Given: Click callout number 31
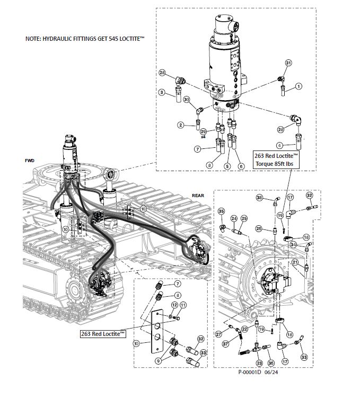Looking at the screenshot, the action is tap(288, 63).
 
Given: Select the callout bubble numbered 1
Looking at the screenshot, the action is tap(298, 86).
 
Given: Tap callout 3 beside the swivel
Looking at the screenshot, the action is tap(162, 92).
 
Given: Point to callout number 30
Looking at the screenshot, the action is tap(187, 100).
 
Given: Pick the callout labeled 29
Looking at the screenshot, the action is tap(203, 131).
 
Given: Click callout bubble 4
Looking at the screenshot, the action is tap(280, 146).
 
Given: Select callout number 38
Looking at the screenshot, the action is tap(259, 198).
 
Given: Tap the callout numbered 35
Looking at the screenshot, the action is tap(222, 211).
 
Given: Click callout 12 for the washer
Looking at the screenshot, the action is tap(174, 305).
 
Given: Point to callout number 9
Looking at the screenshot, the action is tap(159, 360).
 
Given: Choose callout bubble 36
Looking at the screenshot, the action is tap(271, 363).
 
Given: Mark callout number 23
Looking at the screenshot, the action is tap(259, 363).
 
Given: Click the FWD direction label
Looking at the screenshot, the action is tap(30, 161).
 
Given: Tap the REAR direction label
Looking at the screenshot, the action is tap(198, 196).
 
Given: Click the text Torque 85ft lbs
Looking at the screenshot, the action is tap(275, 164).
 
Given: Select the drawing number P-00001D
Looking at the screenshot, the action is tap(250, 372).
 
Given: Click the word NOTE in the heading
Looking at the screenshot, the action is tap(33, 39).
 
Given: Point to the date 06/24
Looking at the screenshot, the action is tap(271, 372).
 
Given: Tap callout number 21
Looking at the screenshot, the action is tap(295, 262).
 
